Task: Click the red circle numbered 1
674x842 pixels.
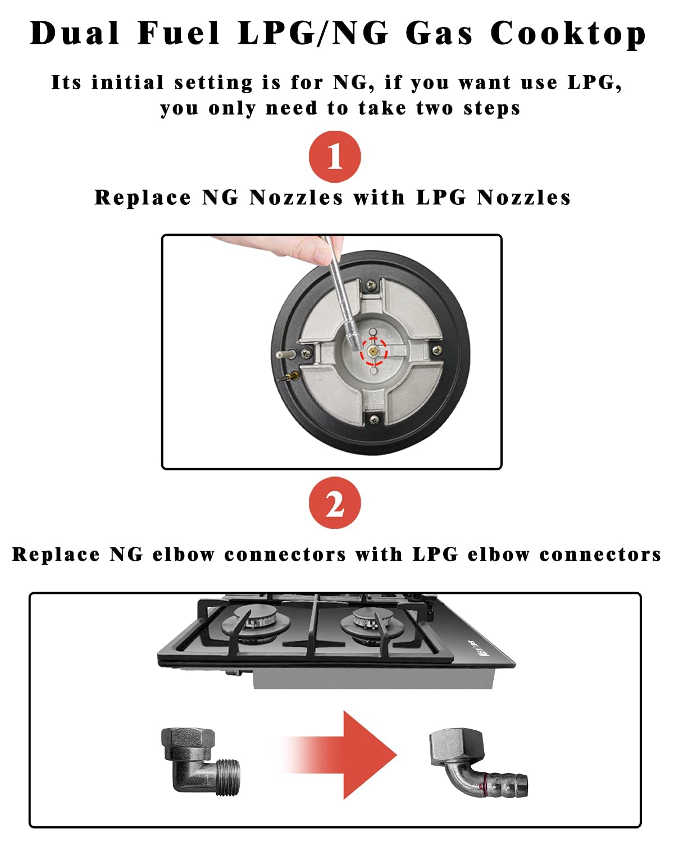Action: click(x=335, y=157)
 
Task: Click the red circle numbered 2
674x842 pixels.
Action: click(x=335, y=503)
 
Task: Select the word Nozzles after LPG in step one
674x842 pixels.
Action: click(x=523, y=198)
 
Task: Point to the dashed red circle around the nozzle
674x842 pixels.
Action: click(x=374, y=352)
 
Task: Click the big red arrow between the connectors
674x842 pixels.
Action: click(x=348, y=754)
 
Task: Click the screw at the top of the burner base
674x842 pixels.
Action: click(x=371, y=287)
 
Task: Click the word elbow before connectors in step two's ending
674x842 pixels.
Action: click(x=498, y=555)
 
